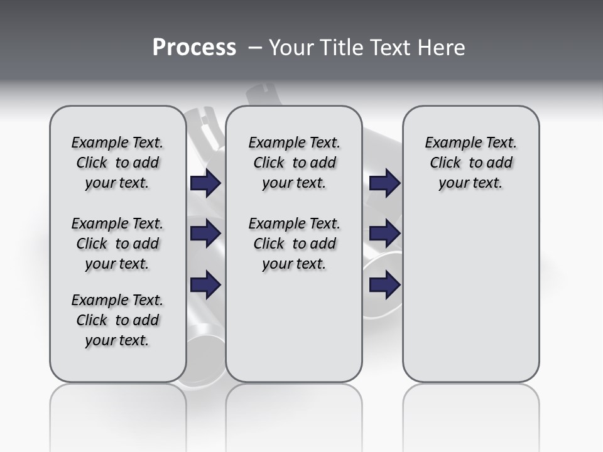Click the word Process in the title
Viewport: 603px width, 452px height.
(194, 47)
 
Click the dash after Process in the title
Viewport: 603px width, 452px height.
(254, 48)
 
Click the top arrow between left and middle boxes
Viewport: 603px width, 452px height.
(205, 183)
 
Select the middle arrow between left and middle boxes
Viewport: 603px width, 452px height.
(205, 234)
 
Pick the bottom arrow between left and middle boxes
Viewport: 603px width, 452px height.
(205, 284)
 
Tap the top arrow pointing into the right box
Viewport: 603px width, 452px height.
(385, 183)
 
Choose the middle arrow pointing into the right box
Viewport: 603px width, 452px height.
(385, 234)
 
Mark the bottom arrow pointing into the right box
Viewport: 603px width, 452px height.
(385, 284)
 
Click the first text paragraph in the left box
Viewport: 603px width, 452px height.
(117, 163)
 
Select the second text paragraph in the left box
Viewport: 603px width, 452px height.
(117, 244)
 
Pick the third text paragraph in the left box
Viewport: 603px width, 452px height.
(117, 320)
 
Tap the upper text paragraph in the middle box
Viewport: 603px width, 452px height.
(294, 163)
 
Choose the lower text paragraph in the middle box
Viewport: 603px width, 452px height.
(294, 244)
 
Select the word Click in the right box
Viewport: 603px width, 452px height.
(445, 163)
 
